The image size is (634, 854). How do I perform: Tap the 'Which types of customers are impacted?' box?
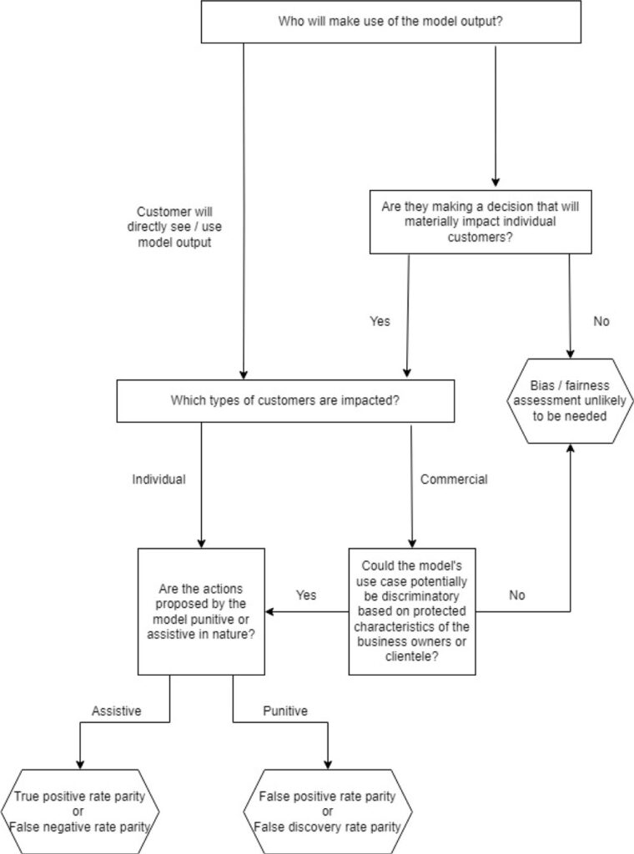click(x=285, y=400)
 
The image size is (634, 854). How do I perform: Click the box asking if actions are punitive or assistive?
click(x=201, y=611)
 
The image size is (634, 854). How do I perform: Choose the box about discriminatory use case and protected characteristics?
click(x=412, y=611)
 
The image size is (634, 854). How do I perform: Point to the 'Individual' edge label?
click(x=158, y=480)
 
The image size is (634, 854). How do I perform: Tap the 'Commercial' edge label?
click(x=454, y=480)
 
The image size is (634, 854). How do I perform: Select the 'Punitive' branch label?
click(x=285, y=711)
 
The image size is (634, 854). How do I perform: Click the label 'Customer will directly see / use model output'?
click(x=179, y=227)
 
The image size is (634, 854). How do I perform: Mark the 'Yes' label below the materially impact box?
click(x=380, y=321)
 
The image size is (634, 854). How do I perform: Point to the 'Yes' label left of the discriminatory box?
click(x=306, y=595)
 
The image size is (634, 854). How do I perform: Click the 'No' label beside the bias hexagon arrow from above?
click(x=601, y=321)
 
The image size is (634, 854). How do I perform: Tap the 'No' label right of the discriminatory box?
click(x=517, y=595)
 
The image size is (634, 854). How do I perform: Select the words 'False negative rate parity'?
click(x=79, y=827)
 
